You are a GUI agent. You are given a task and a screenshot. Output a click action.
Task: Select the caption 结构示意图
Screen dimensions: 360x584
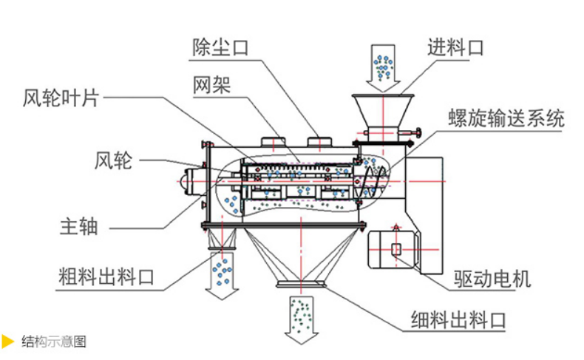(54, 342)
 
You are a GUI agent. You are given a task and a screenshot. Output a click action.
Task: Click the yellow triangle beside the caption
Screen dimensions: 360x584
(8, 342)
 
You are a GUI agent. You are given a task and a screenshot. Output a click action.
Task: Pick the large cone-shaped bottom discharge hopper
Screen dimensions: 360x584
(302, 255)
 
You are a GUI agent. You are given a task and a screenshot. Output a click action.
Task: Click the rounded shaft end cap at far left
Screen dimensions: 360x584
(186, 180)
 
